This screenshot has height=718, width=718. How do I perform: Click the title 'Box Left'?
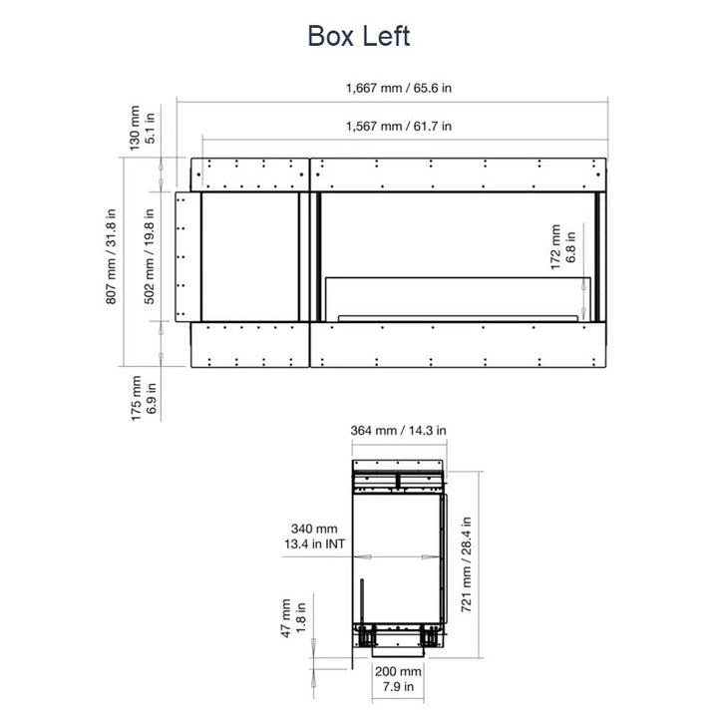coord(359,36)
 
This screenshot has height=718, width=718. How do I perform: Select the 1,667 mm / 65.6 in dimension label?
coord(398,88)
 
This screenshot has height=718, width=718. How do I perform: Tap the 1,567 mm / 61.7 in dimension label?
coord(398,126)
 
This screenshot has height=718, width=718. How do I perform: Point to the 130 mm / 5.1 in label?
coord(142,129)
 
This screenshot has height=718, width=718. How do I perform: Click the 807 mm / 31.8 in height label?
coord(111,256)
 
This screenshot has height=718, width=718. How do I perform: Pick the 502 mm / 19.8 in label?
coord(150,256)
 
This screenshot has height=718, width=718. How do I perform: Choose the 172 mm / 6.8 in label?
coord(562,247)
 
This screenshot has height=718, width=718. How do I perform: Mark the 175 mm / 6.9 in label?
coord(144,398)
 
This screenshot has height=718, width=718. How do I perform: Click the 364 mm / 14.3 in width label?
coord(398,431)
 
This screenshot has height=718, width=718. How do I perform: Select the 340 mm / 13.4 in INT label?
coord(314,537)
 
